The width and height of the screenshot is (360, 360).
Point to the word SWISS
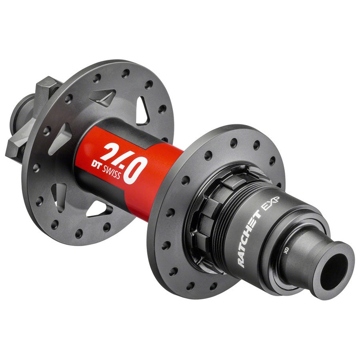tap(111, 172)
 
